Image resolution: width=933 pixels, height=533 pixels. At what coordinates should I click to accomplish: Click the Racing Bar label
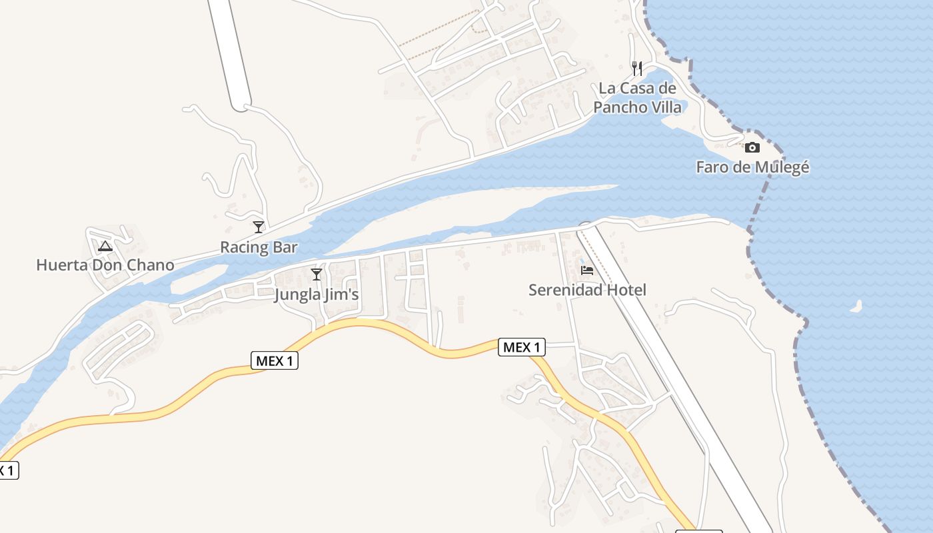[259, 248]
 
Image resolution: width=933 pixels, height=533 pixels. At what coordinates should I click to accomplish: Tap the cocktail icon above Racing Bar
[259, 227]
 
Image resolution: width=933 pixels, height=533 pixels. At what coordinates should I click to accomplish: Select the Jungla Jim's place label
[317, 294]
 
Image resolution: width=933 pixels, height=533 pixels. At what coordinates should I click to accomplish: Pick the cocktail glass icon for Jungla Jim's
[317, 274]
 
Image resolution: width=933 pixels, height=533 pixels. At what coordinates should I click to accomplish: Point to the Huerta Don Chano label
[105, 265]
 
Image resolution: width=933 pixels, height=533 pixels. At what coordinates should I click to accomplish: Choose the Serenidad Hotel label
[587, 290]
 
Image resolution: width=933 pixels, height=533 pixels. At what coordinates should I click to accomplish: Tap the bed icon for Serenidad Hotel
[587, 270]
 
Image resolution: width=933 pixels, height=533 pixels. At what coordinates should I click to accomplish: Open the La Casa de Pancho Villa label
[638, 97]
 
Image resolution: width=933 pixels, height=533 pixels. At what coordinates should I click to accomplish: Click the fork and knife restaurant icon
[637, 68]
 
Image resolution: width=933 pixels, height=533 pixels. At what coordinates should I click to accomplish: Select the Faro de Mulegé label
[752, 167]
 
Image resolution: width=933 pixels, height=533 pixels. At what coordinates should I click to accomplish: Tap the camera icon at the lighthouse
[752, 147]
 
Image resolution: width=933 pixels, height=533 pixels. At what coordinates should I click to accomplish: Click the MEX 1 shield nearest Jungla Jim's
[275, 361]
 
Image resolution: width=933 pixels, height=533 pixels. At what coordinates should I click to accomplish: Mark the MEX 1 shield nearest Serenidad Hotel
[521, 347]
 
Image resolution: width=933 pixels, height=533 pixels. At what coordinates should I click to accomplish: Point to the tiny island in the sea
[856, 306]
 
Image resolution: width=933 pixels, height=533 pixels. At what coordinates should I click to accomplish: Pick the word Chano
[150, 265]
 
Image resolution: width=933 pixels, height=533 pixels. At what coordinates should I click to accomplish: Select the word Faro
[711, 167]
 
